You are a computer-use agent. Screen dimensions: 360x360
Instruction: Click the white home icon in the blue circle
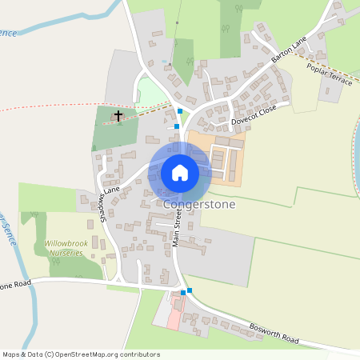point(180,172)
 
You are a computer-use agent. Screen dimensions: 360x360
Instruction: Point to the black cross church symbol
point(118,116)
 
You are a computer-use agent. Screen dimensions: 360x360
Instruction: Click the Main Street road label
point(178,230)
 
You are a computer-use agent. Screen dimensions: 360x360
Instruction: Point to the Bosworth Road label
point(275,329)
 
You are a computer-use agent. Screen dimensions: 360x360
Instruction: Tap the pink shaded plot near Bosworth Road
point(174,317)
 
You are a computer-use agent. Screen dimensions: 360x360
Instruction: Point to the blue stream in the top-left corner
point(48,26)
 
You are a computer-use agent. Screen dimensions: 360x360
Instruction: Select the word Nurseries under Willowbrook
point(65,252)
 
